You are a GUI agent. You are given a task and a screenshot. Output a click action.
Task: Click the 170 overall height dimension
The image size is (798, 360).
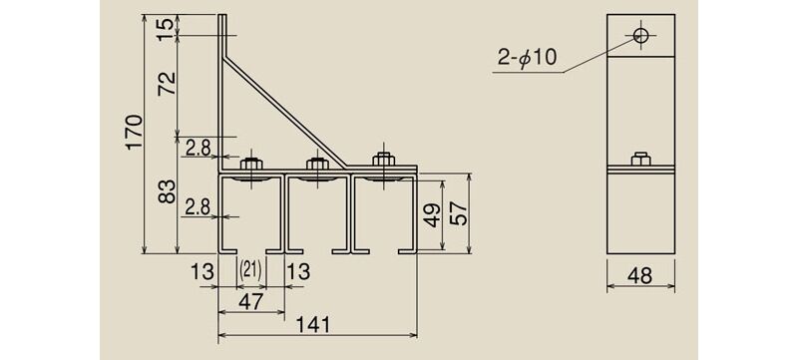pos(135,132)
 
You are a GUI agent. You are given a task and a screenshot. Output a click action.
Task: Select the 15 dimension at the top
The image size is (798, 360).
pos(165,25)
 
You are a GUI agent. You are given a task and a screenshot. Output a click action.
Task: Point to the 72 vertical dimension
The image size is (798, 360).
pos(167,84)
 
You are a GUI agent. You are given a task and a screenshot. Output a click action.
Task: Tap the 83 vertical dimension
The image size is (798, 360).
pos(167,191)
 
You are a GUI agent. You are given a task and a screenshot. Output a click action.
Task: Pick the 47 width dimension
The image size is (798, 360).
pos(251,301)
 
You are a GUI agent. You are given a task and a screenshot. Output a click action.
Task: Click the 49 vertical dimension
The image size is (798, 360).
pos(433,214)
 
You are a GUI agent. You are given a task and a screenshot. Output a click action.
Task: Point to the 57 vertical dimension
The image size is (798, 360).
pos(459,212)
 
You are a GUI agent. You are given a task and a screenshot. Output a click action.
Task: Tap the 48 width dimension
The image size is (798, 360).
pos(640,276)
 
